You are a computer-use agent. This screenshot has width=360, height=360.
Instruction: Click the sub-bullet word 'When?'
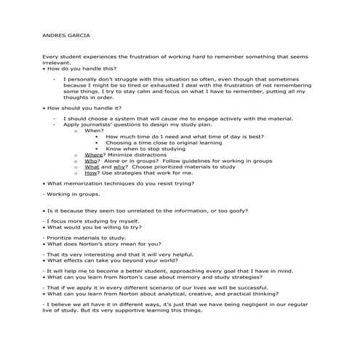(95, 130)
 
